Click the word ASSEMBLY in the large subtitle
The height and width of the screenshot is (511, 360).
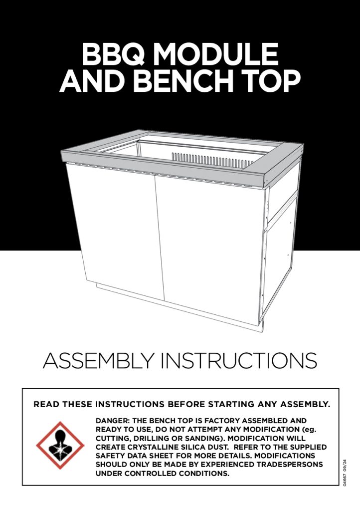[98, 360]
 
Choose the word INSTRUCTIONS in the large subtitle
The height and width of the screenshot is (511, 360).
[239, 360]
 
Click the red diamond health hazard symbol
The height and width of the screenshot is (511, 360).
[60, 446]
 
